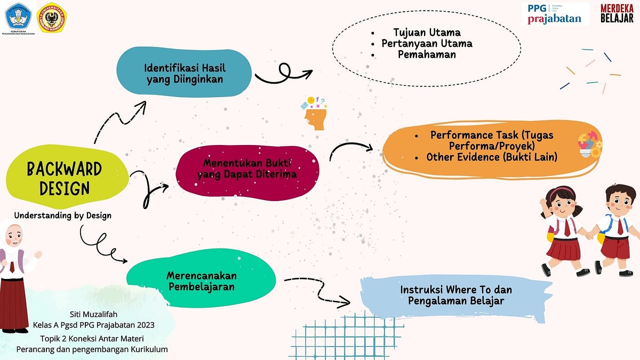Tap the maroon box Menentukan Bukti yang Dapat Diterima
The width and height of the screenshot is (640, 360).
(x=246, y=168)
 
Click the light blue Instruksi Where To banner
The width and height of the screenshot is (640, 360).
(x=456, y=295)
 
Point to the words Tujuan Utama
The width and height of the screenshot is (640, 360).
(x=427, y=33)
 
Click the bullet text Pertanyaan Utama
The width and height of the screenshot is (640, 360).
(x=427, y=44)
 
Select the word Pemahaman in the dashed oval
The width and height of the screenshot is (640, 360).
(x=427, y=54)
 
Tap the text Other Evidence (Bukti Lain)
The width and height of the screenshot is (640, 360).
(x=492, y=157)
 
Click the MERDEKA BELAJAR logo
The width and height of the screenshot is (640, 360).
(x=617, y=13)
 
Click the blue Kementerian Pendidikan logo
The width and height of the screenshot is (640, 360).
(x=19, y=18)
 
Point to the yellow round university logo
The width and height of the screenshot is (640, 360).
(x=52, y=18)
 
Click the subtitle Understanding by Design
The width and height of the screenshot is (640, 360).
(x=62, y=215)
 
